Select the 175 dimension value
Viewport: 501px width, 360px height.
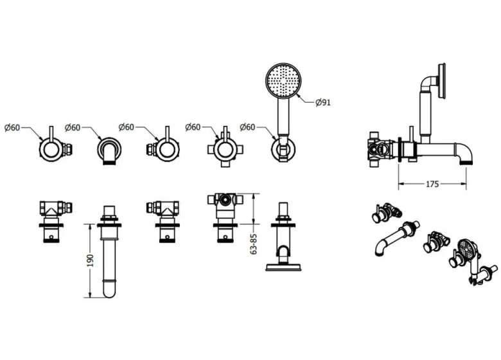pyautogui.click(x=432, y=184)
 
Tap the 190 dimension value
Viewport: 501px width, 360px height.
pyautogui.click(x=91, y=260)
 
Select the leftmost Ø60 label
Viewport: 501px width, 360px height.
pyautogui.click(x=13, y=127)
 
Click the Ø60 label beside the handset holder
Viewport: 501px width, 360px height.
pyautogui.click(x=249, y=127)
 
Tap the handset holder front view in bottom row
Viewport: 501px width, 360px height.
pyautogui.click(x=283, y=238)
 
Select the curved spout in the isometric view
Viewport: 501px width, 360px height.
pyautogui.click(x=394, y=239)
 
